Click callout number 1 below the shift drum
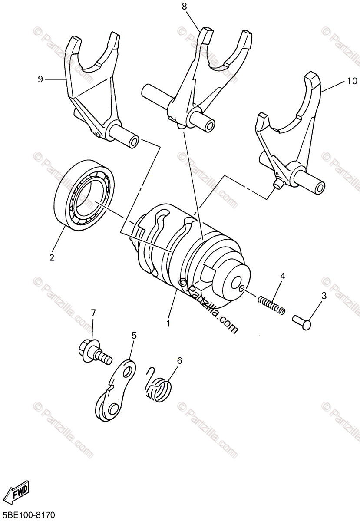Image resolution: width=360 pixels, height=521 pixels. [168, 323]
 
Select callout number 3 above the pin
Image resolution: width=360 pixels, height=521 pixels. [324, 296]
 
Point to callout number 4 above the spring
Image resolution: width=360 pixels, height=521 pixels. [282, 276]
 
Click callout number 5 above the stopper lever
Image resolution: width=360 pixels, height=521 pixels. [134, 335]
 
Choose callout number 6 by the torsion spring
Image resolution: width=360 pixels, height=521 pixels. [179, 360]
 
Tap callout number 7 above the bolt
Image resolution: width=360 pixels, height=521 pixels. [93, 313]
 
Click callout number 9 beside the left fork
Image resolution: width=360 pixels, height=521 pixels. [40, 79]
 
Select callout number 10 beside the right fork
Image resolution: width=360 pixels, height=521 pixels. [352, 81]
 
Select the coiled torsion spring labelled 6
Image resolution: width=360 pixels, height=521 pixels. [158, 386]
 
